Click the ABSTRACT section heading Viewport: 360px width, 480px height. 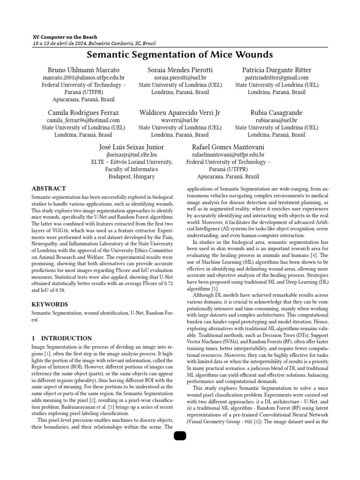[x=49, y=189]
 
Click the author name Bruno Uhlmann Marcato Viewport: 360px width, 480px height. [x=83, y=70]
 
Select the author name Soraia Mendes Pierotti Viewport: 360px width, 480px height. [x=180, y=70]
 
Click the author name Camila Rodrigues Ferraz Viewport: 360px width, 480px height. [x=83, y=112]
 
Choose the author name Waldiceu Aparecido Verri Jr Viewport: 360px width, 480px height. [x=180, y=112]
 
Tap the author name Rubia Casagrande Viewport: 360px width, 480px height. [x=277, y=112]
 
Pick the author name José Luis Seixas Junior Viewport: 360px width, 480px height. [x=132, y=147]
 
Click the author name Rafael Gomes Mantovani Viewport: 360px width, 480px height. [x=228, y=147]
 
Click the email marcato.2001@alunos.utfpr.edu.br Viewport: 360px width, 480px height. [x=83, y=78]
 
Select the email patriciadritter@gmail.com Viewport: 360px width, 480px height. [x=277, y=78]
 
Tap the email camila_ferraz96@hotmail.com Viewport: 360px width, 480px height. [x=83, y=120]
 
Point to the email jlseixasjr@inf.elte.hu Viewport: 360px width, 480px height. [x=132, y=154]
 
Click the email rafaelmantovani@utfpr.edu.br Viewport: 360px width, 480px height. [x=228, y=154]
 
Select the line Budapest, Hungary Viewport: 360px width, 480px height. [x=132, y=177]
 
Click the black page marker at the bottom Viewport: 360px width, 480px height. [x=180, y=436]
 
